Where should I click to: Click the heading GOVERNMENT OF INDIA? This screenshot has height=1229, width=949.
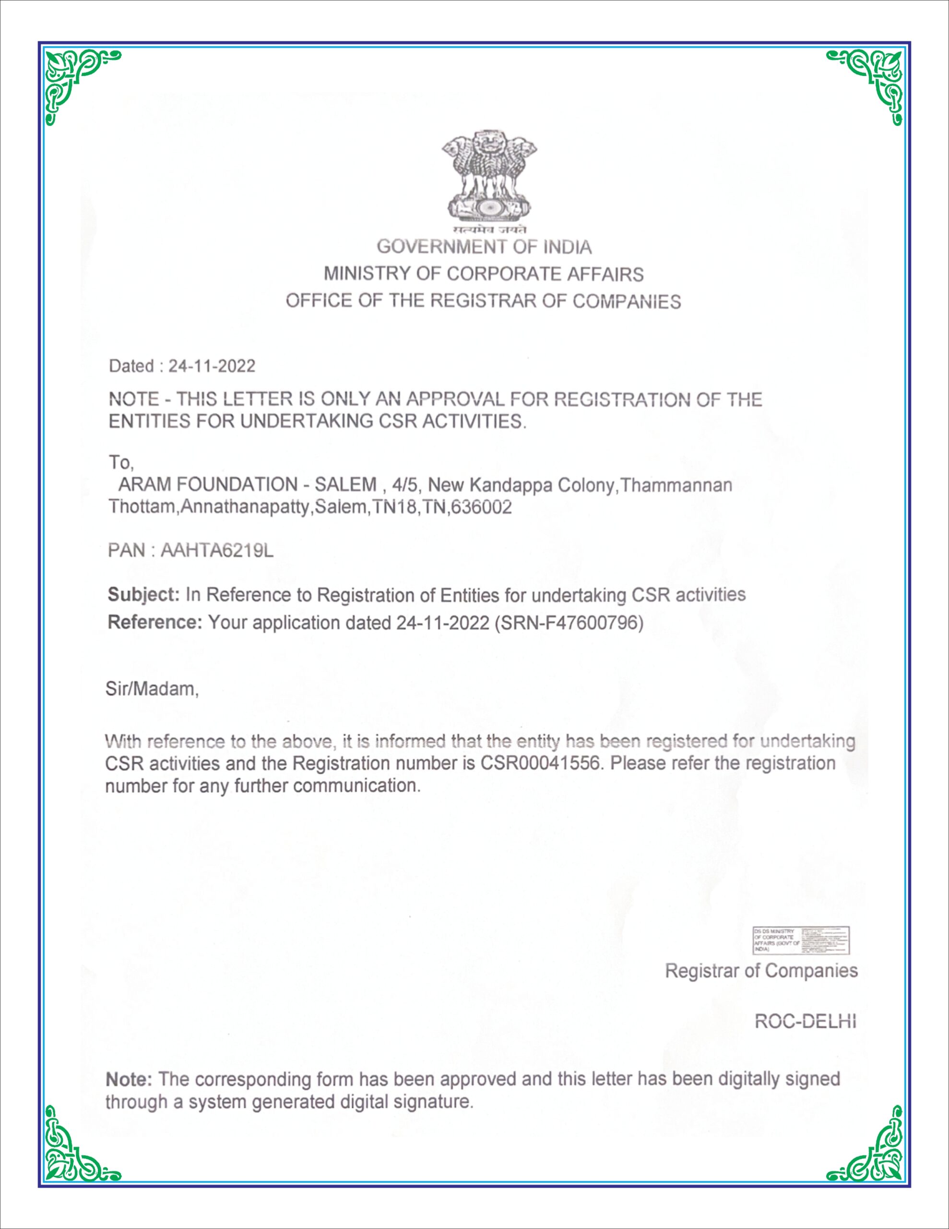[x=484, y=247]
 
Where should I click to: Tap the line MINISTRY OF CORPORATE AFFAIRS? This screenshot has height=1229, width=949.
[x=483, y=274]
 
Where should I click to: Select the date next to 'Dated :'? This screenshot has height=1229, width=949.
[x=212, y=366]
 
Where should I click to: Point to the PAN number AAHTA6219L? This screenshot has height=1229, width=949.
[x=217, y=550]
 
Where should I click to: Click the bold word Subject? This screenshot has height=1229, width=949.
[x=143, y=595]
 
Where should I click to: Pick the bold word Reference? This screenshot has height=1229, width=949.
[x=154, y=622]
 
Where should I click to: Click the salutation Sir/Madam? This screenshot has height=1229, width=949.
[x=152, y=689]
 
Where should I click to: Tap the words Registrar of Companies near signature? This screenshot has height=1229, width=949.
[x=761, y=971]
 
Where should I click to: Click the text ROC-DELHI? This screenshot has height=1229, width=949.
[x=805, y=1021]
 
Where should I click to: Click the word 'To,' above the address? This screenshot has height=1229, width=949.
[x=121, y=463]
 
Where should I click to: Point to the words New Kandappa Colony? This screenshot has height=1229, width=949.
[x=521, y=484]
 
